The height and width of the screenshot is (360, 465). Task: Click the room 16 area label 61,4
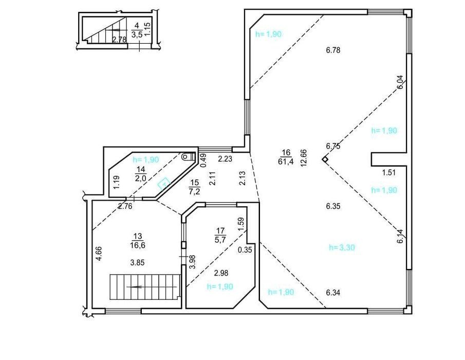pyautogui.click(x=286, y=161)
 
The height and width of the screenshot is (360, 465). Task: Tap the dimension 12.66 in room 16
pyautogui.click(x=304, y=158)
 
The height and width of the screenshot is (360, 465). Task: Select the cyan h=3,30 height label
pyautogui.click(x=342, y=247)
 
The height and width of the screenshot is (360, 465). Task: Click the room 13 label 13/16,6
pyautogui.click(x=138, y=240)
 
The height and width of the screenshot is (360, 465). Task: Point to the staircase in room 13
pyautogui.click(x=145, y=286)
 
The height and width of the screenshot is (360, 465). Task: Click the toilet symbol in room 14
pyautogui.click(x=189, y=156)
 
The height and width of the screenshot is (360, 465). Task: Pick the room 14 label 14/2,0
pyautogui.click(x=141, y=174)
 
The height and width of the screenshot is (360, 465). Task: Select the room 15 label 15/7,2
pyautogui.click(x=195, y=187)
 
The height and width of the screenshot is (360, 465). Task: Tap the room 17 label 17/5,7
pyautogui.click(x=220, y=235)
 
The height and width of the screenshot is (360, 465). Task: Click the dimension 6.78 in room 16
pyautogui.click(x=333, y=50)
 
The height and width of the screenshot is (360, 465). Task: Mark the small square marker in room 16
pyautogui.click(x=325, y=159)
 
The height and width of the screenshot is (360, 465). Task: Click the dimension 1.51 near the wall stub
pyautogui.click(x=388, y=172)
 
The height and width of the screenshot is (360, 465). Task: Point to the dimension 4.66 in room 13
pyautogui.click(x=99, y=254)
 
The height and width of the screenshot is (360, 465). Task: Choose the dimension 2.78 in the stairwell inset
pyautogui.click(x=120, y=39)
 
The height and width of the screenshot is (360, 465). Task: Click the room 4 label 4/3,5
pyautogui.click(x=137, y=30)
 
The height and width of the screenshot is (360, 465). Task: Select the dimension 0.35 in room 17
pyautogui.click(x=245, y=250)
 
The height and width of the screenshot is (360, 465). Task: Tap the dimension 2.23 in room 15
pyautogui.click(x=225, y=159)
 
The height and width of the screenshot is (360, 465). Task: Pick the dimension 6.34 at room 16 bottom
pyautogui.click(x=333, y=293)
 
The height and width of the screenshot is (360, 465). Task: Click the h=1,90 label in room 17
pyautogui.click(x=220, y=286)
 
